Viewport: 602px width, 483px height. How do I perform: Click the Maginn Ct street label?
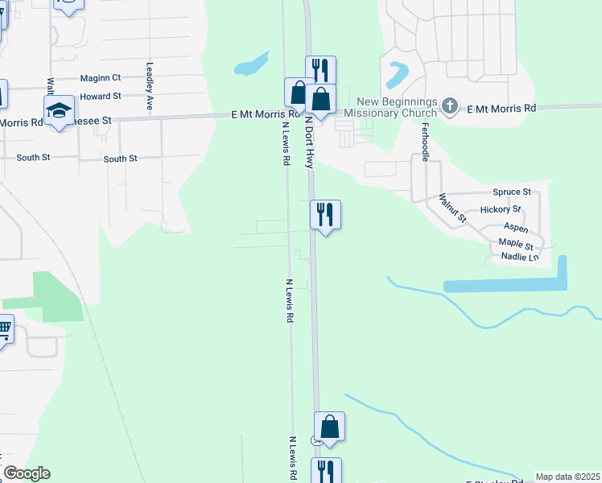click(101, 78)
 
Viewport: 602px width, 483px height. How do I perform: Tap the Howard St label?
click(101, 96)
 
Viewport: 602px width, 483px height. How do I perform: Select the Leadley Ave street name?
click(149, 86)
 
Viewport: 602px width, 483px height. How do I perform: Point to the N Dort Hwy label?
click(308, 141)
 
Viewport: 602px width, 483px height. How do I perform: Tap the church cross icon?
click(450, 105)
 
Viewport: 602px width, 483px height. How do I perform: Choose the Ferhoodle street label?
click(424, 140)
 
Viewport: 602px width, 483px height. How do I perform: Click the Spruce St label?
click(512, 192)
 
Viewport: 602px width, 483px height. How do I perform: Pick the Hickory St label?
click(501, 210)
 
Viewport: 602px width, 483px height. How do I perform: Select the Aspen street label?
click(516, 229)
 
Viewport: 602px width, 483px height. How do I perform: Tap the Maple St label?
click(516, 242)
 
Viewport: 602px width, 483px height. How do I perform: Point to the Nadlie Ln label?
click(519, 257)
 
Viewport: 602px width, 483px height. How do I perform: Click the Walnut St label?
click(452, 207)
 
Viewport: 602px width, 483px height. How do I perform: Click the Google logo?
click(26, 473)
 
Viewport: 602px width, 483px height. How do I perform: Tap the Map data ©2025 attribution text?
click(567, 477)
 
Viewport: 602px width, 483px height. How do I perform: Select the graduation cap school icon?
click(59, 110)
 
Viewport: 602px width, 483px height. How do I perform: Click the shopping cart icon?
click(4, 328)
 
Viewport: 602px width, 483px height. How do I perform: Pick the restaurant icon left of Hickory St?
click(325, 215)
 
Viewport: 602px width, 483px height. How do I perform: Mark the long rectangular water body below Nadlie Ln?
click(505, 285)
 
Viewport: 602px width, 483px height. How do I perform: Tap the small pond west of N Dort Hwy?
click(252, 64)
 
